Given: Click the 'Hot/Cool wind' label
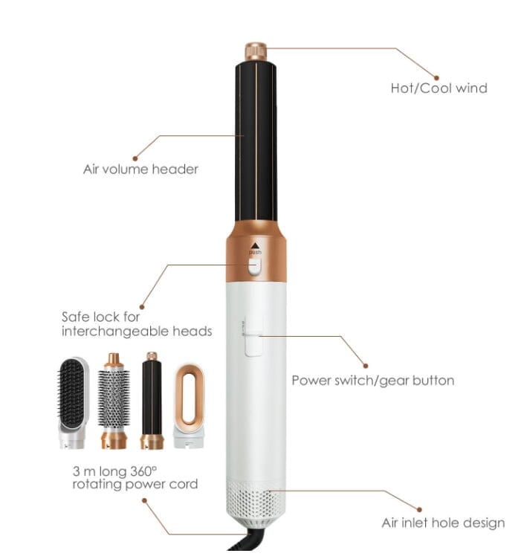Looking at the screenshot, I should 439,88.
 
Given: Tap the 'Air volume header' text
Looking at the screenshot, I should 140,169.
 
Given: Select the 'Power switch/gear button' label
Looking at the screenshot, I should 372,381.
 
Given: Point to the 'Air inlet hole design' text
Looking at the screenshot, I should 443,523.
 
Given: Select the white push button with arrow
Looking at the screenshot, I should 255,266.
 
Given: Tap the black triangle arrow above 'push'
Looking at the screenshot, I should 255,245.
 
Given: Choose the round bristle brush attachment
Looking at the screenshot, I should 114,401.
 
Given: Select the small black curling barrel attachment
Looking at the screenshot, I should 152,401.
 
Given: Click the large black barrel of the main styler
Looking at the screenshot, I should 256,141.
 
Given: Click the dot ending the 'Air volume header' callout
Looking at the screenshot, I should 135,158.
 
